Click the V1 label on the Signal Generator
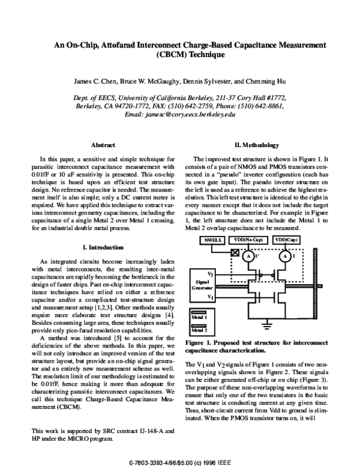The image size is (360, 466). pyautogui.click(x=210, y=296)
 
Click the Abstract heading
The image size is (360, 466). pyautogui.click(x=101, y=145)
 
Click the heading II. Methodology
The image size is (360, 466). pyautogui.click(x=259, y=145)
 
